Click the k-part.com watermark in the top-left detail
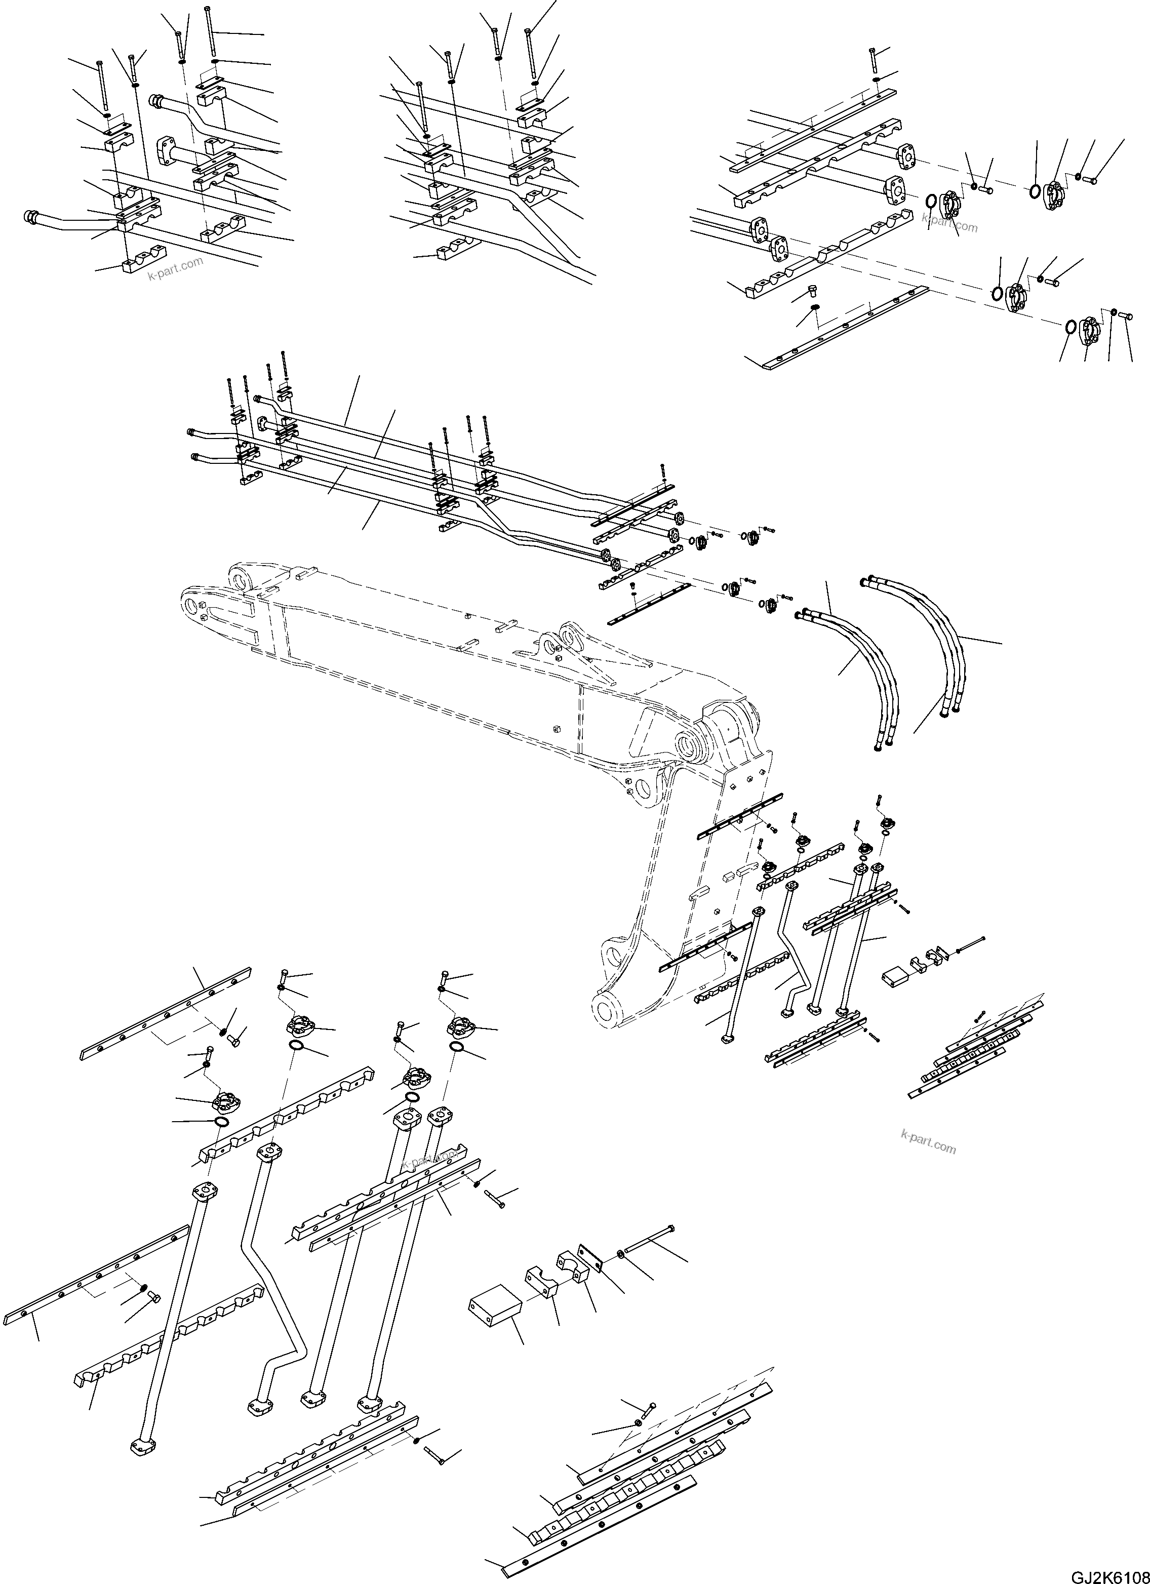tap(175, 267)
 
